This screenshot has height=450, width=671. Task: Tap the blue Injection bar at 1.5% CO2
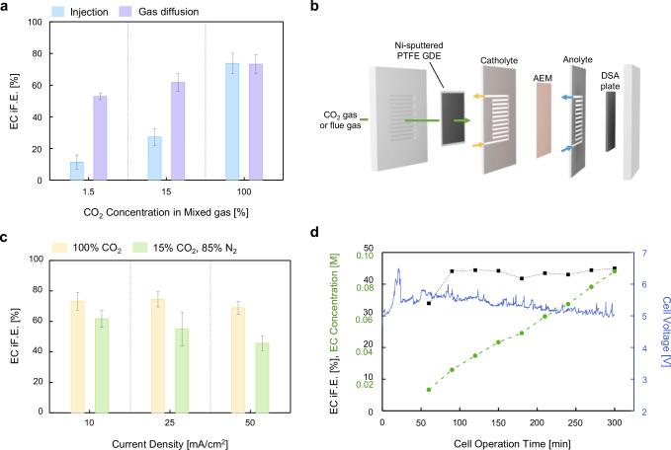(x=76, y=171)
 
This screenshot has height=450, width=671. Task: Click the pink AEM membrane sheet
(x=543, y=124)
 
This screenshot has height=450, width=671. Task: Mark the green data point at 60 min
(x=428, y=390)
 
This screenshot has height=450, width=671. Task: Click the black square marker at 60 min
(x=428, y=303)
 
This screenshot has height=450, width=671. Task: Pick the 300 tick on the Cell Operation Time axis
(x=614, y=425)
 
